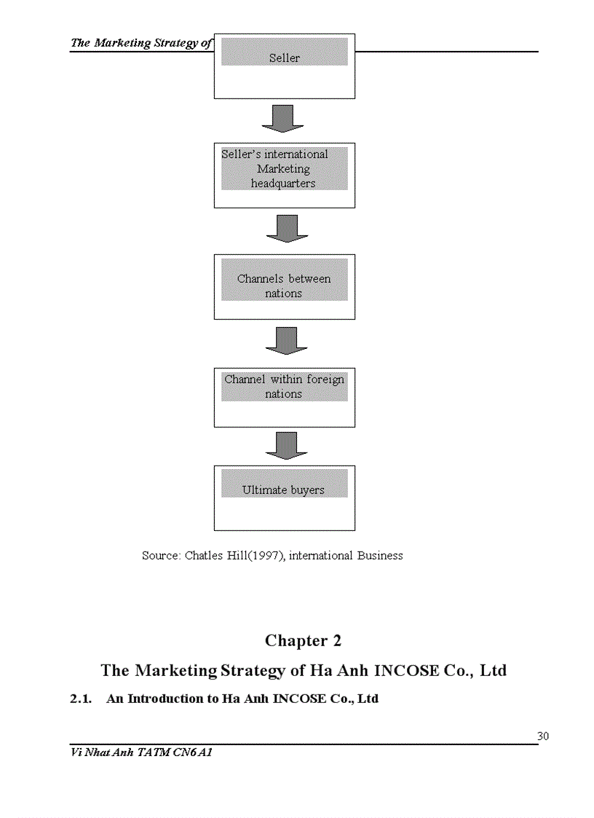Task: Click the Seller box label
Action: click(284, 58)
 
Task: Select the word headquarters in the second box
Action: click(283, 184)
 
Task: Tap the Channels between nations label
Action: click(284, 286)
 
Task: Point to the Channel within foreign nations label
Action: click(284, 387)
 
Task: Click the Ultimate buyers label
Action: click(284, 490)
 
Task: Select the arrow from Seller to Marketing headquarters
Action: click(282, 119)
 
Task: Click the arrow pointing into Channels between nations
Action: click(286, 228)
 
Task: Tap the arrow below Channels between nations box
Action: click(286, 340)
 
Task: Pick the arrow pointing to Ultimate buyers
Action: click(286, 446)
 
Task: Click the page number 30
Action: click(543, 736)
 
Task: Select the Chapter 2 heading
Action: click(303, 641)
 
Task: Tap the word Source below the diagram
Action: click(160, 556)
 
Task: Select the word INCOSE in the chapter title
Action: click(405, 671)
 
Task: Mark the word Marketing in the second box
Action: click(283, 169)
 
